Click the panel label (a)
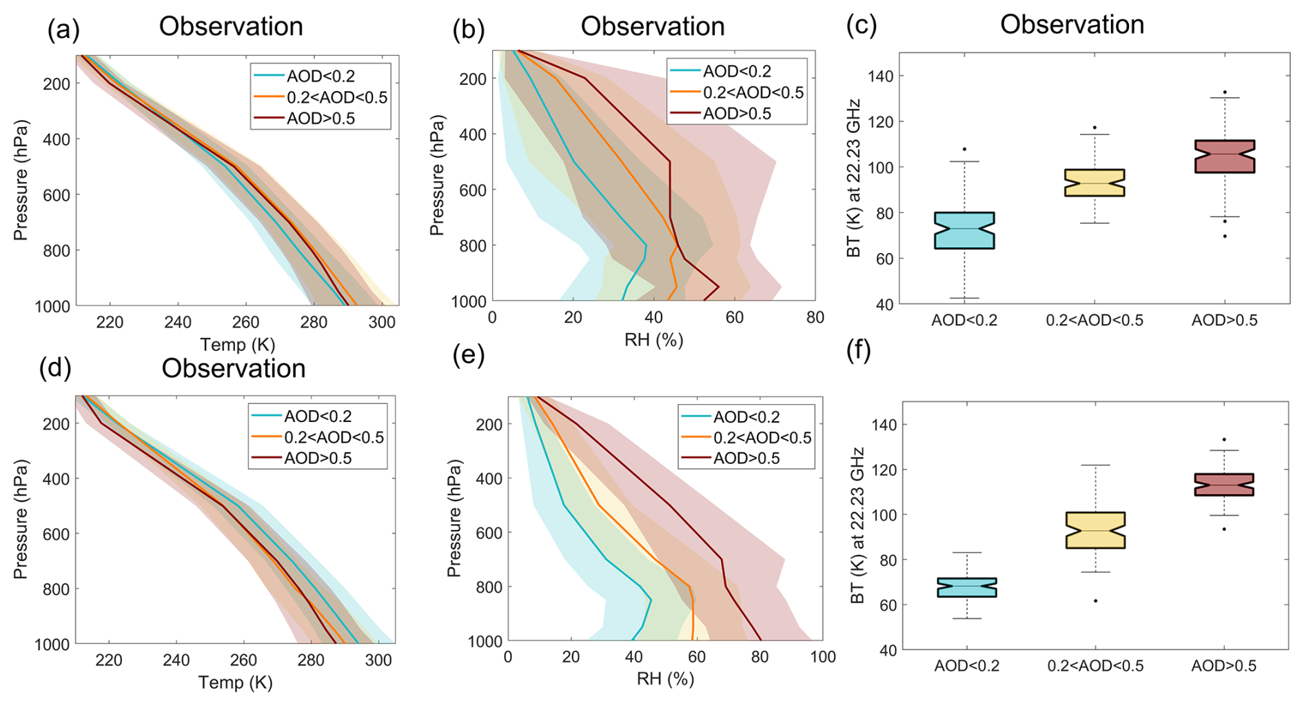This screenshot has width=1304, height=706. click(x=63, y=30)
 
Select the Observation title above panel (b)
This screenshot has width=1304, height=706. click(x=652, y=27)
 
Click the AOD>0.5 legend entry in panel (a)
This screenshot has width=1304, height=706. click(x=320, y=119)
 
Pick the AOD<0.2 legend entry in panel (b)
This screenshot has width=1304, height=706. click(x=735, y=72)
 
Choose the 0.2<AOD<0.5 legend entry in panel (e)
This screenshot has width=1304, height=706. click(x=762, y=438)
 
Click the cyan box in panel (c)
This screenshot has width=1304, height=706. click(x=964, y=230)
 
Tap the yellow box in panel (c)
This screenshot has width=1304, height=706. click(x=1094, y=183)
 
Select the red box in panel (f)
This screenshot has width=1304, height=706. click(x=1224, y=485)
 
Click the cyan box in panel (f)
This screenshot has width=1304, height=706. click(x=966, y=587)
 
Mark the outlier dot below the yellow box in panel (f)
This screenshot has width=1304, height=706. click(x=1095, y=601)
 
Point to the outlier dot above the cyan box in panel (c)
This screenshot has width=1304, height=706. click(x=964, y=149)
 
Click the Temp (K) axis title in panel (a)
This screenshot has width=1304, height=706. click(x=237, y=344)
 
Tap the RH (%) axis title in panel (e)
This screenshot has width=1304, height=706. click(x=665, y=679)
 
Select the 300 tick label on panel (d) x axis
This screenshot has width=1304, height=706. click(x=378, y=660)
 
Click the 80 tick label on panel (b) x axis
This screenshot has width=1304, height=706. click(x=815, y=318)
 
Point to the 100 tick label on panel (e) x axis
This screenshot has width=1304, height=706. click(x=823, y=657)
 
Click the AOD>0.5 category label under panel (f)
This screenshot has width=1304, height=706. click(x=1224, y=666)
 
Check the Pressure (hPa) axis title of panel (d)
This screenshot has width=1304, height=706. click(x=21, y=519)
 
